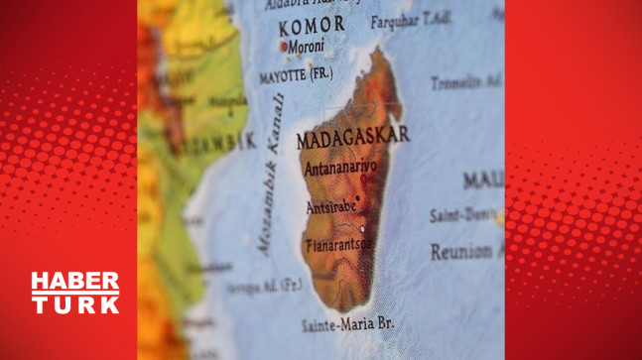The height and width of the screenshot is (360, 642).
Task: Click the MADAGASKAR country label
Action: point(353,137)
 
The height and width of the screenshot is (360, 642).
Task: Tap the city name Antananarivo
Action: point(339,171)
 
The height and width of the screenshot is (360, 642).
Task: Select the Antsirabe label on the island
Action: point(327,209)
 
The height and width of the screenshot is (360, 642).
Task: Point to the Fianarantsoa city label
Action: point(337,243)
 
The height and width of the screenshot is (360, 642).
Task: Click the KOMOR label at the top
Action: point(311,24)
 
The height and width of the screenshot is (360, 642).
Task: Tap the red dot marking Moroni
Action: point(285,47)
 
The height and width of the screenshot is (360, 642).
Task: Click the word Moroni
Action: point(311,46)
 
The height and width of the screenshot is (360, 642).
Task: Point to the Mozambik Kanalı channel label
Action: point(270,175)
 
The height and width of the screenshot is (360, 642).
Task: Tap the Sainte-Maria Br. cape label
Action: point(347,323)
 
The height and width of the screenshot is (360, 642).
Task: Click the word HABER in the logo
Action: point(75,282)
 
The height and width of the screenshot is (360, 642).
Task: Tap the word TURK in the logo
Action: point(75,304)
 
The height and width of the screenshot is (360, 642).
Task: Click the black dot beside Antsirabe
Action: point(357,198)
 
